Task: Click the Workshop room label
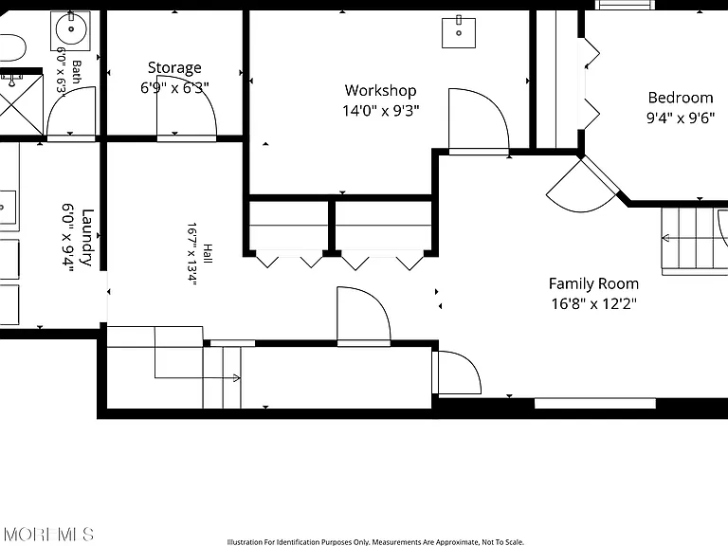(x=380, y=91)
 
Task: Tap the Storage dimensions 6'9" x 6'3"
(x=174, y=87)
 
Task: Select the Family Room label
(x=593, y=283)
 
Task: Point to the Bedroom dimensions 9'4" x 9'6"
(x=681, y=118)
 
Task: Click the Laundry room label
(x=87, y=237)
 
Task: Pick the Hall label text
(x=207, y=254)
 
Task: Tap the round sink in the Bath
(x=71, y=28)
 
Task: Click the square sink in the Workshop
(x=459, y=32)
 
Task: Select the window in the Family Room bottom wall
(x=594, y=404)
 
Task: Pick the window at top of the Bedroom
(x=626, y=5)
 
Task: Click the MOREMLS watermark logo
(x=47, y=534)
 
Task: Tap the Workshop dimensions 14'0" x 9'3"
(x=381, y=111)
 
